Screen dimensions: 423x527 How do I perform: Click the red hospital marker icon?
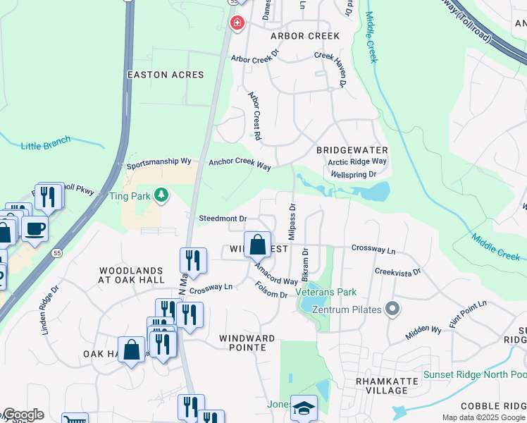click(237, 23)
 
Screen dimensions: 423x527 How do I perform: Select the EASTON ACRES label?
click(166, 75)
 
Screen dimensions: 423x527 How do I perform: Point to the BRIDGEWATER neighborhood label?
click(352, 151)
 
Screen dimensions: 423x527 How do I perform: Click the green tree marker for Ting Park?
click(162, 195)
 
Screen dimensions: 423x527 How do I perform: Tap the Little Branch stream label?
click(46, 144)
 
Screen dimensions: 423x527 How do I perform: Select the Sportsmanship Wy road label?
click(159, 164)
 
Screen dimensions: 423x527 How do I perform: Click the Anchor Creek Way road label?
click(240, 164)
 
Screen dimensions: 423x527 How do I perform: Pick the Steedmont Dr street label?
click(223, 219)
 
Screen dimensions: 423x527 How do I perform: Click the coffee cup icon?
click(34, 228)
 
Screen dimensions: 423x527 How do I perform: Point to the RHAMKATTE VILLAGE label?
click(387, 386)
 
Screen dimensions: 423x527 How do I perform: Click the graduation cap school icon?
click(304, 408)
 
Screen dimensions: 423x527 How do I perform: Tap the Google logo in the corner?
click(23, 415)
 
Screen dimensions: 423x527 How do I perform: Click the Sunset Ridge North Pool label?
click(474, 374)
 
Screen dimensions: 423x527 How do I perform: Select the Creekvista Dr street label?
click(397, 271)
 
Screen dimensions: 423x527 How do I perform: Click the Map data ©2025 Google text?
click(483, 417)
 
